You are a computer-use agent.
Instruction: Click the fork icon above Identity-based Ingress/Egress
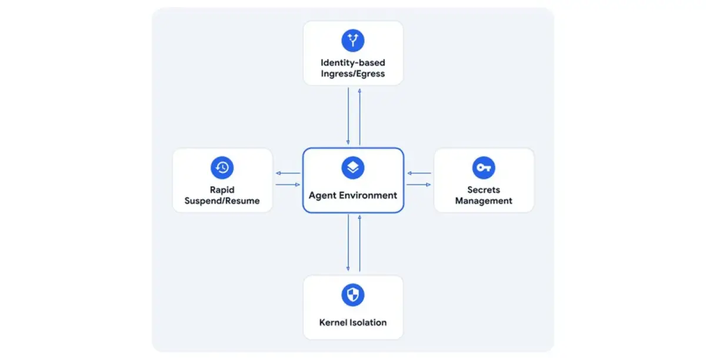[x=352, y=41]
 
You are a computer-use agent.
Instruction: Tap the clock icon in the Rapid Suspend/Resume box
[x=222, y=168]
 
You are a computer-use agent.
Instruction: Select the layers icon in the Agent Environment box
[x=352, y=168]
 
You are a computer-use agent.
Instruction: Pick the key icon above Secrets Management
[x=484, y=168]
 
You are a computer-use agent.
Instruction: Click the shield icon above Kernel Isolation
[x=352, y=295]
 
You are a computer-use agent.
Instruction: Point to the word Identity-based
[x=352, y=62]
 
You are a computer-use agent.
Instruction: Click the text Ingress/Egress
[x=352, y=74]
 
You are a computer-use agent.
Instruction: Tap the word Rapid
[x=222, y=190]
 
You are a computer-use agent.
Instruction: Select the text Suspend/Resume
[x=222, y=201]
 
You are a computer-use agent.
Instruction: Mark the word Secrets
[x=484, y=190]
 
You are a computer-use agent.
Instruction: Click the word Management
[x=484, y=201]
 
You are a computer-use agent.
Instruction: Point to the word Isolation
[x=368, y=322]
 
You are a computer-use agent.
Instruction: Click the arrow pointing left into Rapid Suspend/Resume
[x=288, y=173]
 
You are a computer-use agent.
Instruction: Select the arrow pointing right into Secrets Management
[x=418, y=185]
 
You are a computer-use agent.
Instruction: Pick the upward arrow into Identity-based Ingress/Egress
[x=359, y=117]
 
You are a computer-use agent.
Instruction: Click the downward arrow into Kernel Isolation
[x=348, y=242]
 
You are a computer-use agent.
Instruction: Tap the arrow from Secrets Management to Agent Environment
[x=419, y=173]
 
